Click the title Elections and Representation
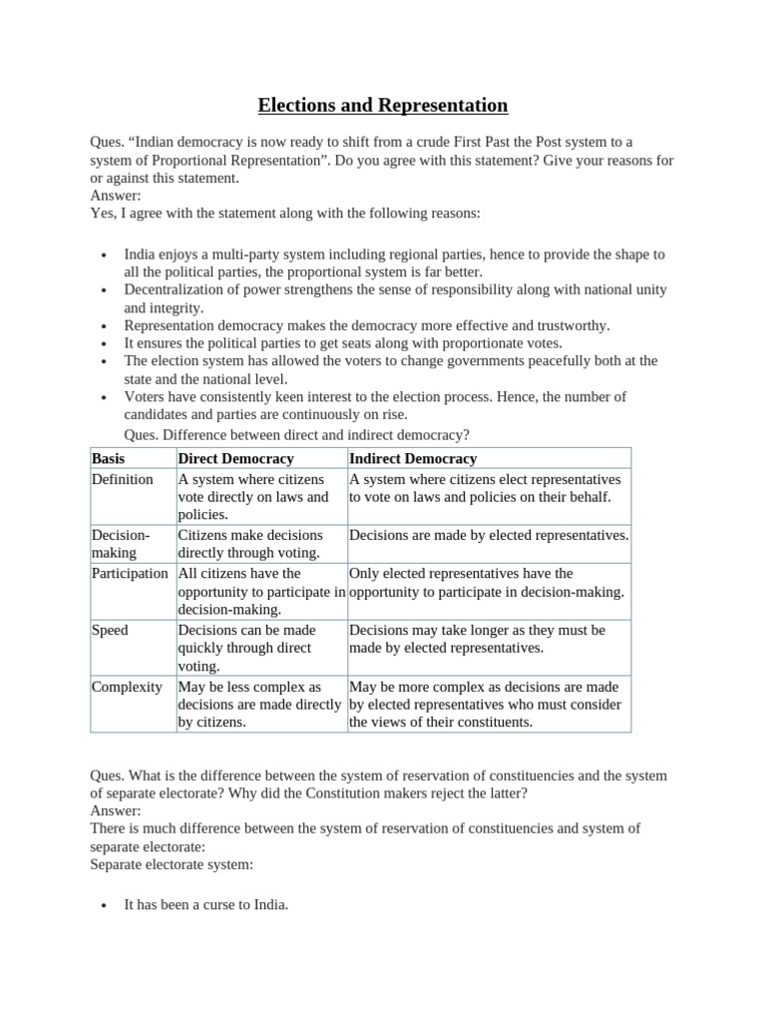point(383,105)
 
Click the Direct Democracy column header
point(235,458)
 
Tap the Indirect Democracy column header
point(413,458)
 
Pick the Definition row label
point(123,479)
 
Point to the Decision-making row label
point(121,544)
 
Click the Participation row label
point(130,573)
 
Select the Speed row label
point(110,630)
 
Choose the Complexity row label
point(127,687)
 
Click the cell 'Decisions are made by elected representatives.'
point(489,535)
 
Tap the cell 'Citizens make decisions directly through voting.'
point(250,544)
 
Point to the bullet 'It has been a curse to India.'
point(206,905)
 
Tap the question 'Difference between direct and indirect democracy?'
point(296,434)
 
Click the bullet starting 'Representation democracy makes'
point(366,325)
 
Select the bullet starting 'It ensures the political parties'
point(343,342)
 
